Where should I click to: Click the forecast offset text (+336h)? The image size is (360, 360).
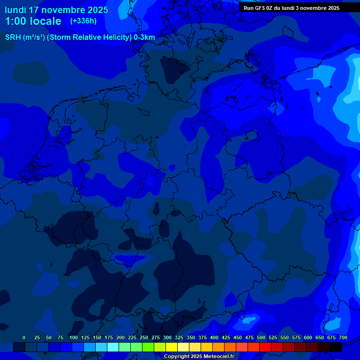83,21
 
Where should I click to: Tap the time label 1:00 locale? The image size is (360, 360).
33,21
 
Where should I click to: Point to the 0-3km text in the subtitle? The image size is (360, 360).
144,37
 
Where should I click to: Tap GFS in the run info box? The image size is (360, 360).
260,8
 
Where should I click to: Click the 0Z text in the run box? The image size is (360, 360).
271,8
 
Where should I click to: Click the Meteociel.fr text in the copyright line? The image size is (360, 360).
217,356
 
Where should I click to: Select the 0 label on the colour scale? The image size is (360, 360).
24,337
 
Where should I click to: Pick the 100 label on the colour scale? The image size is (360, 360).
74,337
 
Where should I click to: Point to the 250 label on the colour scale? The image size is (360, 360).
144,337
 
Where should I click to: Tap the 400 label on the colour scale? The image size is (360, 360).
214,337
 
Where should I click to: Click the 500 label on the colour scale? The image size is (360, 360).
261,337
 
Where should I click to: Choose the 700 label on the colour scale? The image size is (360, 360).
343,337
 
